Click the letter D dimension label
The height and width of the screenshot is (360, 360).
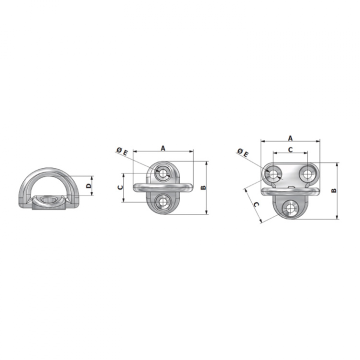(88, 185)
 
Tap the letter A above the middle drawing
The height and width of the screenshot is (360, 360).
(163, 148)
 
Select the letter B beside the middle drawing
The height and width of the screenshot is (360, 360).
(203, 187)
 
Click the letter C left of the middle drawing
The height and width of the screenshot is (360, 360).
(120, 187)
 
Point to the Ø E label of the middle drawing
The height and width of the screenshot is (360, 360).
(122, 151)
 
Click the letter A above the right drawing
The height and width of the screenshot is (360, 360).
(290, 138)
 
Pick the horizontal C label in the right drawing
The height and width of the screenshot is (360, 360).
(290, 149)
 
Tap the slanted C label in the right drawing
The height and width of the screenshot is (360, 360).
(256, 204)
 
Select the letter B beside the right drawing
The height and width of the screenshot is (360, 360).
(334, 190)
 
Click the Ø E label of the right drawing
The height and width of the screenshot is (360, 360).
(243, 152)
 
